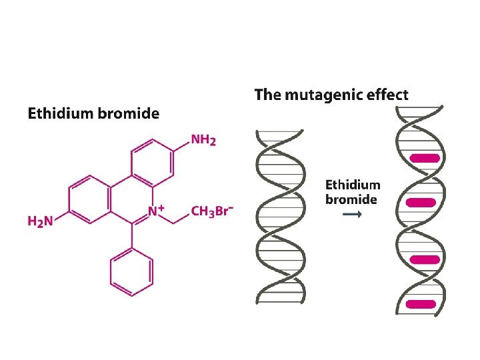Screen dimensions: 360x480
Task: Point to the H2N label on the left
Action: click(39, 220)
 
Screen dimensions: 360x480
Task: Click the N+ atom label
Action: click(157, 211)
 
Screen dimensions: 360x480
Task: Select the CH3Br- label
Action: click(211, 211)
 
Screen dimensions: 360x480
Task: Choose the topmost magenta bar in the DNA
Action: click(425, 159)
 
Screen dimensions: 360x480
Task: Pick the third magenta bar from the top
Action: click(425, 260)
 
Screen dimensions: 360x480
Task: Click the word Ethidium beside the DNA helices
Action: click(353, 185)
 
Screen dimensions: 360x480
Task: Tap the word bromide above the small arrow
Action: click(351, 199)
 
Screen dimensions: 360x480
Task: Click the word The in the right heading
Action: click(267, 95)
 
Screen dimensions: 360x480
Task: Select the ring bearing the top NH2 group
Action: click(152, 159)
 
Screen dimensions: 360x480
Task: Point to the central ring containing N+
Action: click(131, 198)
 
